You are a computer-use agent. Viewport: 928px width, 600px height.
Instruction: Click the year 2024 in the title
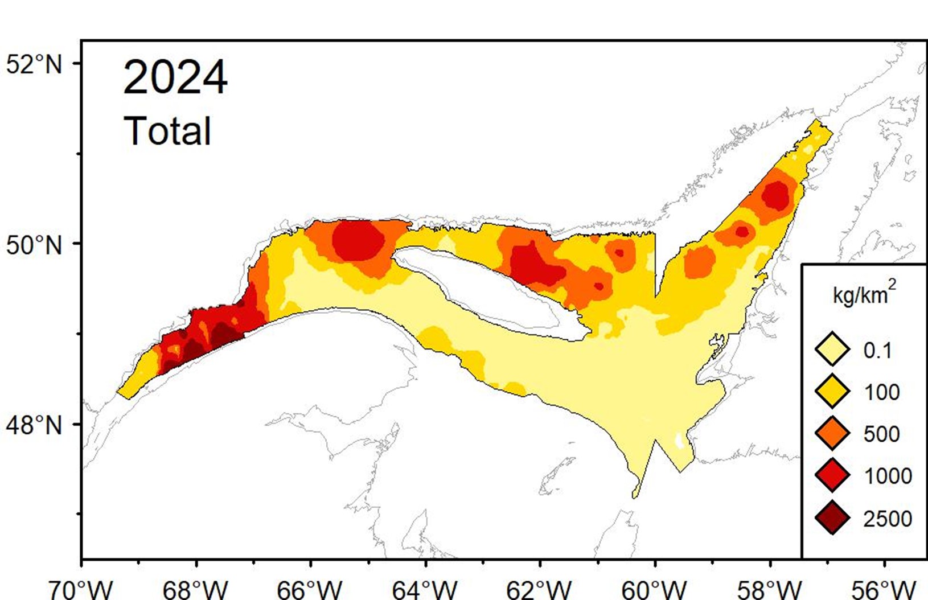tap(175, 78)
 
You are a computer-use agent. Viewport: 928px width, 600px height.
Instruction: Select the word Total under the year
tap(167, 131)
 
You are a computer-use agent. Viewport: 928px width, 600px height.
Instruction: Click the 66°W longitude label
tap(310, 589)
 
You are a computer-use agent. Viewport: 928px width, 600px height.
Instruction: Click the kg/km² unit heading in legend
tap(864, 294)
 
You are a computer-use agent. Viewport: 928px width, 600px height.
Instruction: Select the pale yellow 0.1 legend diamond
tap(832, 350)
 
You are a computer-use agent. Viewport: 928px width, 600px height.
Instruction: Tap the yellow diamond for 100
tap(832, 392)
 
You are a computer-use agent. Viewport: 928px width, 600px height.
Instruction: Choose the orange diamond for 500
tap(832, 433)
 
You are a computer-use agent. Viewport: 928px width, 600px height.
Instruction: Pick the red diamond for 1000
tap(832, 475)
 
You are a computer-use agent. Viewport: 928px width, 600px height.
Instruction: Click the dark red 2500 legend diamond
tap(832, 518)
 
